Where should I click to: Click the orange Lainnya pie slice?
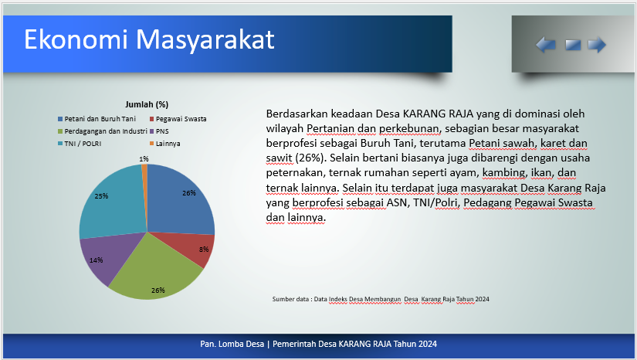pos(144,175)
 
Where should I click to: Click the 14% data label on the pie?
pos(97,260)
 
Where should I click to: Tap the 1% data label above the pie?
pos(144,159)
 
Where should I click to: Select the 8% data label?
pos(204,249)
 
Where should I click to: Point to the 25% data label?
pos(101,196)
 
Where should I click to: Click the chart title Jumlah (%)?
pos(147,104)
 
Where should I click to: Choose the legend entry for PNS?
pos(159,131)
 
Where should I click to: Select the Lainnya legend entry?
pos(165,144)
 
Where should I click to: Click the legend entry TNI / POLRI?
pos(80,144)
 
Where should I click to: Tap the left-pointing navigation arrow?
pos(546,45)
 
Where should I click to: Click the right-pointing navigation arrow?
pos(597,45)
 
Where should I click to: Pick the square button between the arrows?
pos(573,45)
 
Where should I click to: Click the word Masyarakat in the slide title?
pos(205,40)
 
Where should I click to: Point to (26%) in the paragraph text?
pos(309,158)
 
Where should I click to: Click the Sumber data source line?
pos(381,299)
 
